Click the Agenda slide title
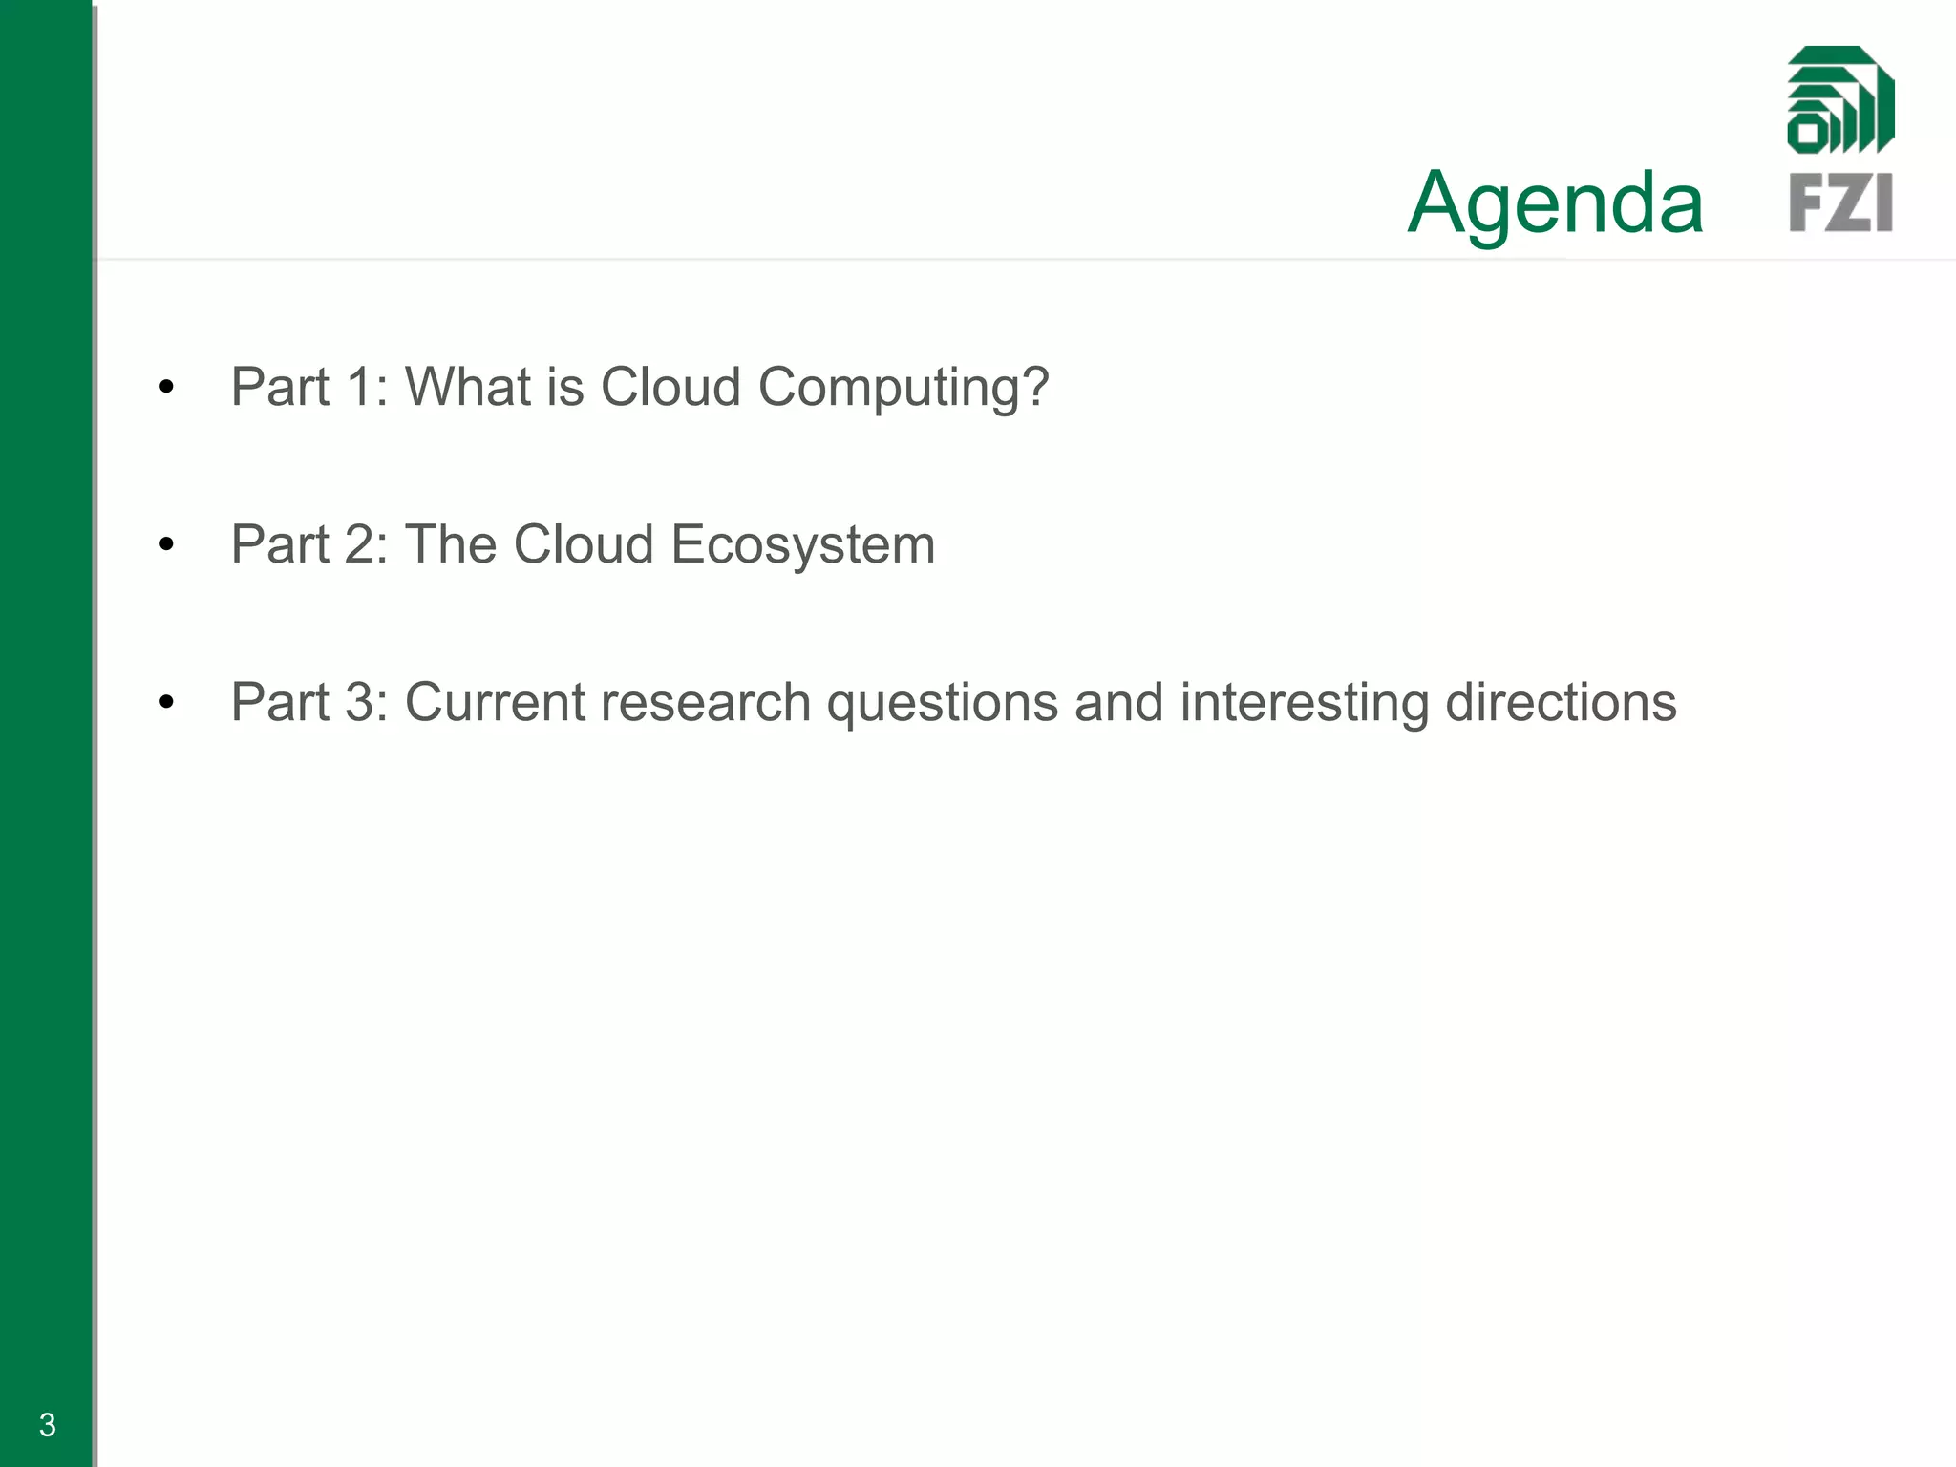click(x=1556, y=202)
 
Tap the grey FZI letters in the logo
click(x=1840, y=202)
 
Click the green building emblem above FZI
click(x=1840, y=100)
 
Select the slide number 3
click(x=48, y=1425)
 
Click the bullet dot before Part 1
click(x=167, y=388)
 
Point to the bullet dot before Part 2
click(x=167, y=545)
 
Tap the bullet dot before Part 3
click(x=167, y=703)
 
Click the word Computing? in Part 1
click(x=904, y=388)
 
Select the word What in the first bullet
click(x=468, y=387)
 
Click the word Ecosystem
click(x=802, y=545)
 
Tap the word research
click(x=705, y=703)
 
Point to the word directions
click(x=1561, y=703)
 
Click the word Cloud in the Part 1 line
click(x=670, y=387)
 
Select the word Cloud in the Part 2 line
click(x=584, y=544)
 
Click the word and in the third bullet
click(x=1119, y=703)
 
